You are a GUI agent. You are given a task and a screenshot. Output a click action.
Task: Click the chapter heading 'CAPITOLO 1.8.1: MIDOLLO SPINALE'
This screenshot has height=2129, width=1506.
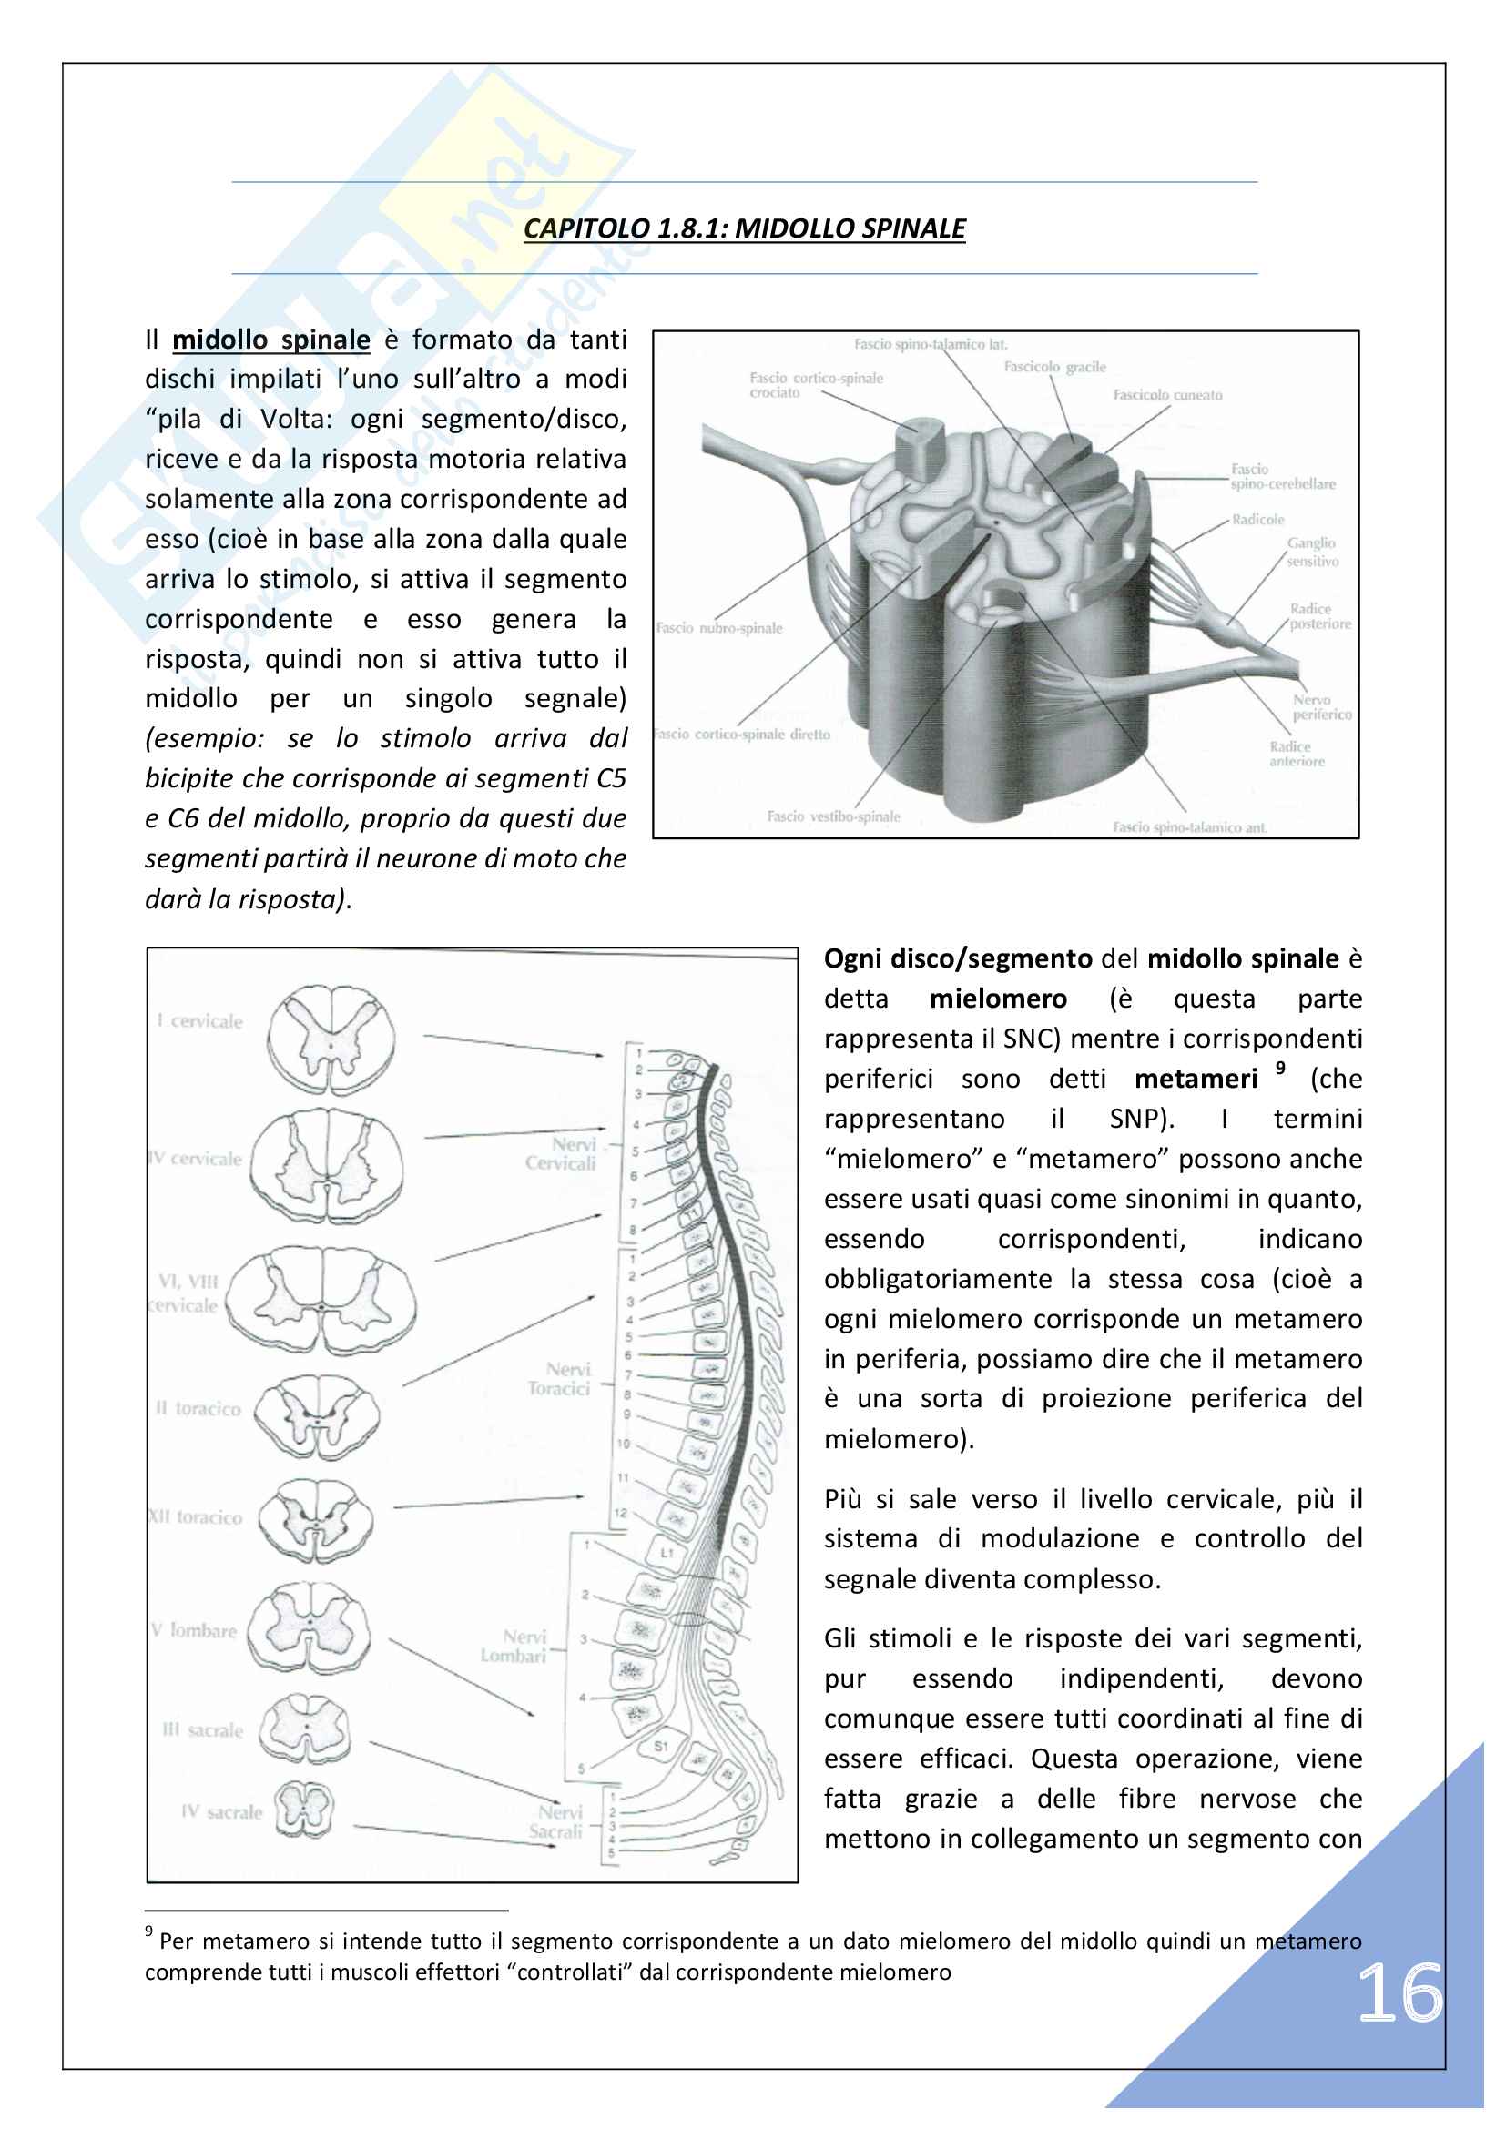(744, 228)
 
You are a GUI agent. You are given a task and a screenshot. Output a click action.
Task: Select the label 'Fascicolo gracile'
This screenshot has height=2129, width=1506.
(1054, 367)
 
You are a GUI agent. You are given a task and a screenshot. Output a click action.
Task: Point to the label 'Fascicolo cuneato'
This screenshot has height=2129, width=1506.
(1167, 395)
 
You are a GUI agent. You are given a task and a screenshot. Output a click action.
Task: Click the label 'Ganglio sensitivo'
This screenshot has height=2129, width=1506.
(1311, 552)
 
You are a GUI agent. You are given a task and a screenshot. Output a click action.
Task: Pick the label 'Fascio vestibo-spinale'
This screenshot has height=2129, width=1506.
(833, 816)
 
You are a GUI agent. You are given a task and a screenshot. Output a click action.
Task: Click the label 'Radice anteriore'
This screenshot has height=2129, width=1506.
(1297, 753)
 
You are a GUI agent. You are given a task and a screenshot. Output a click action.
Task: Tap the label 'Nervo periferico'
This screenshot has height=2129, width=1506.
(1321, 706)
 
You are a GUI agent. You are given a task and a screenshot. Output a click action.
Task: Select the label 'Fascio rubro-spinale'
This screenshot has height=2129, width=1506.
(719, 628)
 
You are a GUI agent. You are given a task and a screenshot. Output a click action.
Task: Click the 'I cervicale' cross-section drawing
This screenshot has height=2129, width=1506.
(331, 1040)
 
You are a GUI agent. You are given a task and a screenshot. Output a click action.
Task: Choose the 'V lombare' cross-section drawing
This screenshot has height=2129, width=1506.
(309, 1629)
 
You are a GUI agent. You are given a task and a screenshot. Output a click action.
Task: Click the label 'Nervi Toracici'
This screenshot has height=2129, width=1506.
(560, 1379)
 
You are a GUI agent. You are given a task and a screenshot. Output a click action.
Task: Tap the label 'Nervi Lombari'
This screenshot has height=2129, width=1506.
(514, 1647)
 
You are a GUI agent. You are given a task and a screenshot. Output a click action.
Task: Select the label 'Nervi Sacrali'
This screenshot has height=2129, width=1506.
(555, 1821)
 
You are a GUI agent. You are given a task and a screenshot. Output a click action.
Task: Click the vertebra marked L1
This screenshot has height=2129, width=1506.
(667, 1552)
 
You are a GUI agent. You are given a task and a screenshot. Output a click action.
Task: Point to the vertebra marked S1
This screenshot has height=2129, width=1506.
(660, 1746)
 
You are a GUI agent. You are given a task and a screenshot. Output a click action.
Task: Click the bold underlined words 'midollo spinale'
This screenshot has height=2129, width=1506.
(270, 340)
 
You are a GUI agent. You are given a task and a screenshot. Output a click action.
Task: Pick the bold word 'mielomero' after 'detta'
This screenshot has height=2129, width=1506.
(998, 999)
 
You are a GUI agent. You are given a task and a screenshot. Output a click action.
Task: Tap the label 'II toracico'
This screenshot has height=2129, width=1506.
(198, 1408)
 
